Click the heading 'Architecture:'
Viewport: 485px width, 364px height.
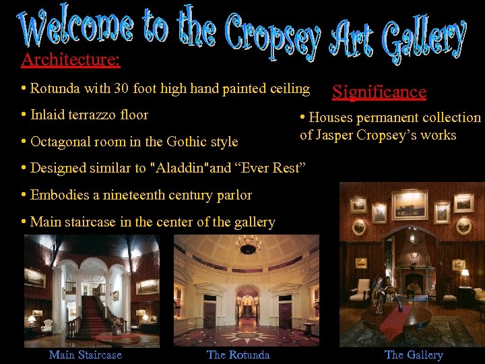71,60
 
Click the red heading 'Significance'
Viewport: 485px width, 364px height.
379,92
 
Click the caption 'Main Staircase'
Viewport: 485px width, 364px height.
86,355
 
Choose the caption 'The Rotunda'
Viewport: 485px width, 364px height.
238,355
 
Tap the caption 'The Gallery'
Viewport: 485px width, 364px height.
414,355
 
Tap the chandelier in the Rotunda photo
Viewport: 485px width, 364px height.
248,245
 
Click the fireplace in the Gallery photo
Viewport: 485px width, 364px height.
412,281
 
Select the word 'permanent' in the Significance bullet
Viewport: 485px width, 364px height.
386,118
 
